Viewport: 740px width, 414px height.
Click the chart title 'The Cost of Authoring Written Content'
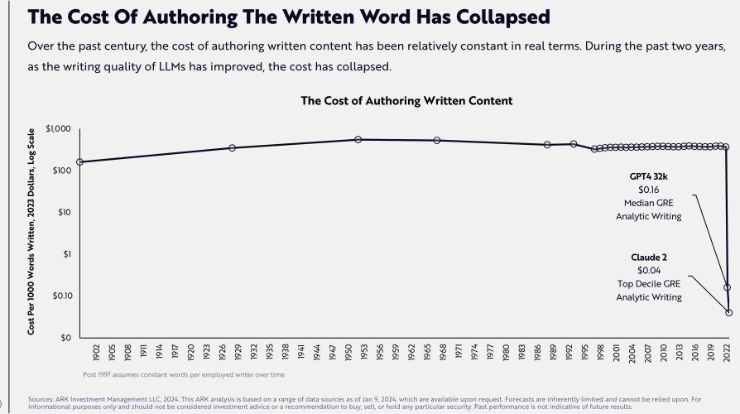[406, 101]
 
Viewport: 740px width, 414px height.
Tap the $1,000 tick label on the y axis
[60, 129]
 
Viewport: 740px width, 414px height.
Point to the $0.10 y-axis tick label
[62, 296]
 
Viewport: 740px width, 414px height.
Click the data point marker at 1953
[358, 140]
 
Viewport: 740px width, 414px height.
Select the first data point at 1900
[80, 162]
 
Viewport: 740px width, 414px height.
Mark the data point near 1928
[232, 148]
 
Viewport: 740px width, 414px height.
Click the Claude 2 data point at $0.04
[729, 312]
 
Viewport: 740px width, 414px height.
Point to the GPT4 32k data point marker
[728, 287]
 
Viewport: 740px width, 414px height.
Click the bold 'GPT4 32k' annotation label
[649, 176]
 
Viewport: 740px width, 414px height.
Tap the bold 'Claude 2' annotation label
[648, 258]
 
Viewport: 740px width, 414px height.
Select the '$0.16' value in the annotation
[649, 190]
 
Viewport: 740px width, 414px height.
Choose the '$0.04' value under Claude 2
[649, 271]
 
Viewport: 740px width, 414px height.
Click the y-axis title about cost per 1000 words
[31, 231]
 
